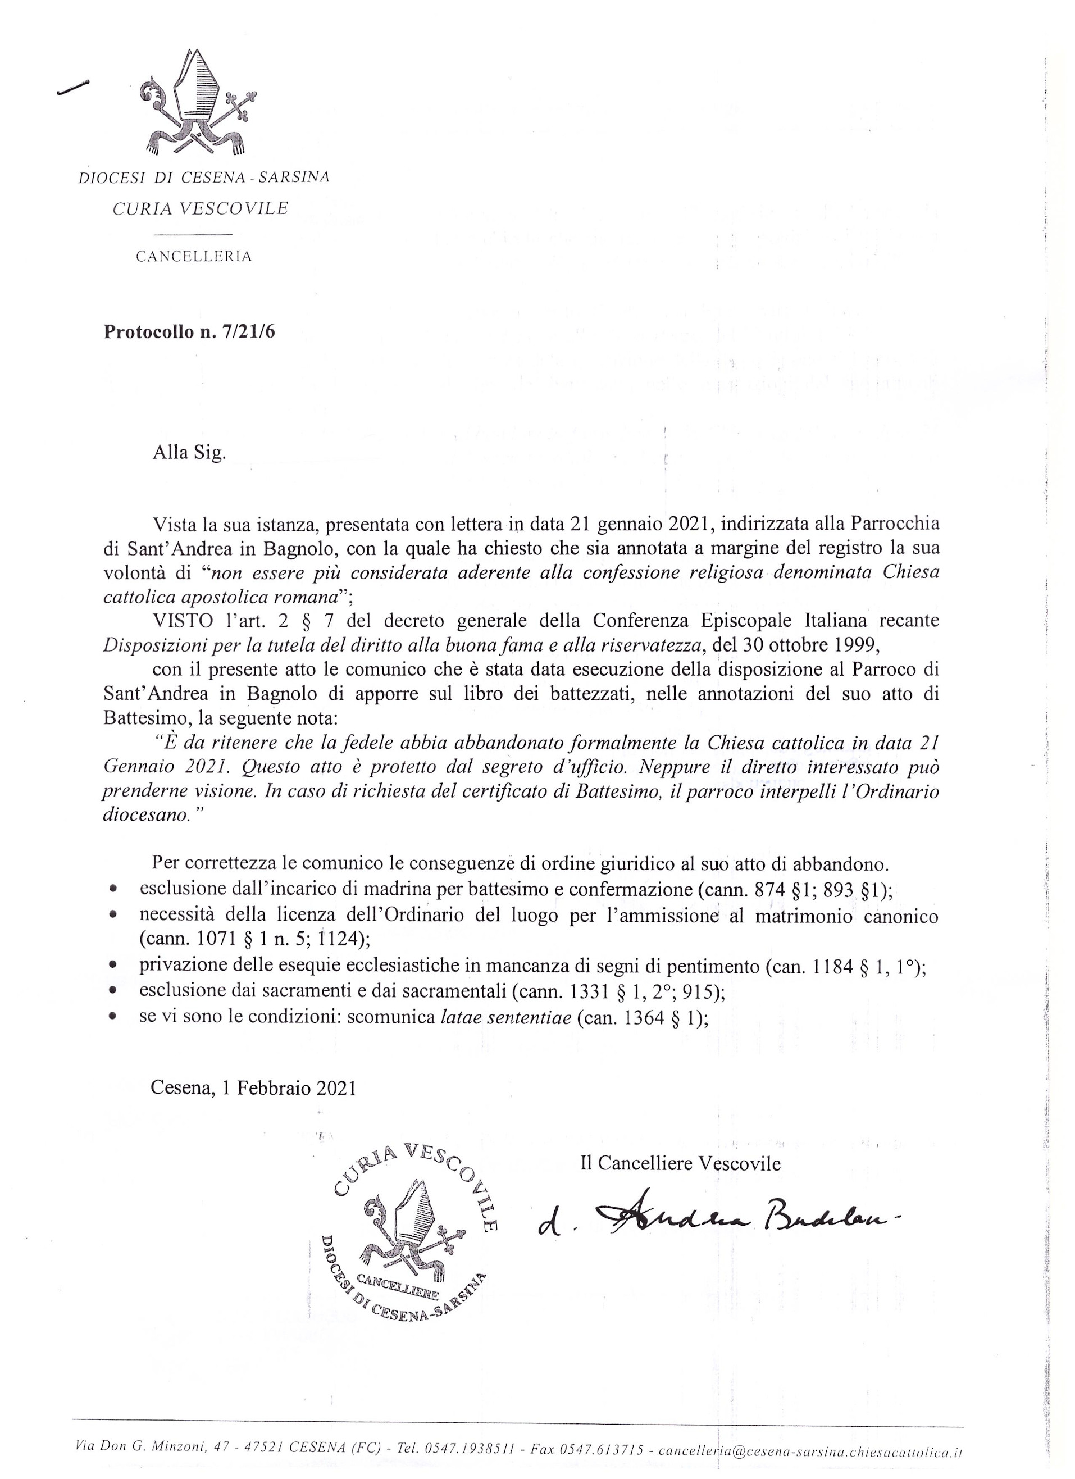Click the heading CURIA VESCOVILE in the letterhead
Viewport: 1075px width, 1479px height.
point(200,208)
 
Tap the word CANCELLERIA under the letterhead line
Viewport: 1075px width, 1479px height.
point(194,257)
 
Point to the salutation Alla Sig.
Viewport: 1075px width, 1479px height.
point(189,452)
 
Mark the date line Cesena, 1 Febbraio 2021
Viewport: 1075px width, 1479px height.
point(253,1087)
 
